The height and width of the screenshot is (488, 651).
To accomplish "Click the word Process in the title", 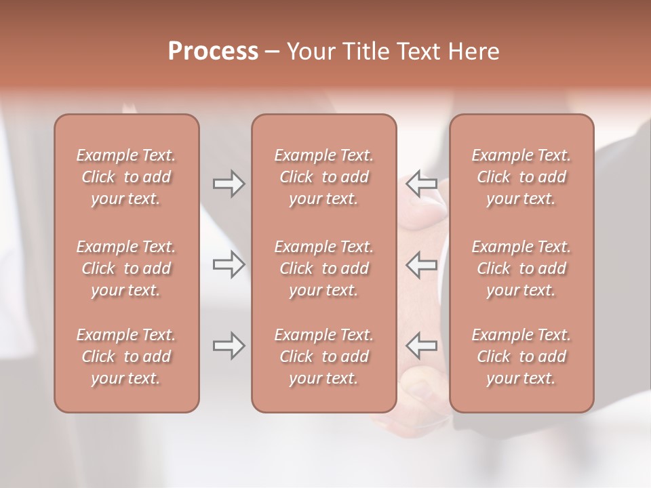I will click(x=213, y=52).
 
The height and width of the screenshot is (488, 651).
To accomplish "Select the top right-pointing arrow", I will click(x=229, y=184).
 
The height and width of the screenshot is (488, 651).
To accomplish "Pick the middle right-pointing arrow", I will click(x=229, y=264).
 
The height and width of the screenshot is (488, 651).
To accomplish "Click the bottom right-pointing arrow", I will click(x=229, y=346).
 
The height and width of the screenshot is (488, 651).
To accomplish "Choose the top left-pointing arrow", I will click(x=422, y=184).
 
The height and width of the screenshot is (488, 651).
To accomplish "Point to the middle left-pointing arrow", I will click(x=422, y=264).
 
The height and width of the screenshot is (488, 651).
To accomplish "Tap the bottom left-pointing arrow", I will click(x=422, y=346).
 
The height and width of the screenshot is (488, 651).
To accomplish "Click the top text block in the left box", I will click(x=126, y=177).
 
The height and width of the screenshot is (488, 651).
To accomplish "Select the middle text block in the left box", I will click(x=126, y=268).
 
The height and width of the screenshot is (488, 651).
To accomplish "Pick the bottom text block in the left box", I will click(x=126, y=357).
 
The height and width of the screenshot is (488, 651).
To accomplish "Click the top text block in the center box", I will click(x=324, y=177).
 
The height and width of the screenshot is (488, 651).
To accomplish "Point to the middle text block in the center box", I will click(x=324, y=268).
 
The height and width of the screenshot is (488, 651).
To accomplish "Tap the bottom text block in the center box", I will click(x=324, y=357).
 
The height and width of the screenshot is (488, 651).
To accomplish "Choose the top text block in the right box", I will click(x=521, y=177).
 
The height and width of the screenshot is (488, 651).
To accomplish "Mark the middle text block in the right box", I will click(x=521, y=268).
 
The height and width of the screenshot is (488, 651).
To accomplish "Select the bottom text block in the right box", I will click(x=521, y=357).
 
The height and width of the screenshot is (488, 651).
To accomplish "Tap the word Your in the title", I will click(x=309, y=52).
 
